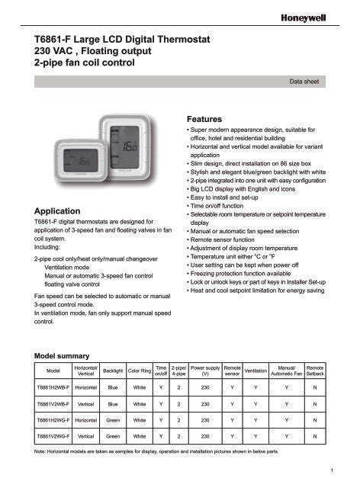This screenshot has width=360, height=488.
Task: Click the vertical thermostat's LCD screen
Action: pos(130,143)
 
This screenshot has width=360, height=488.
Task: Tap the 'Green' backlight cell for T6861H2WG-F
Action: pos(113,420)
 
